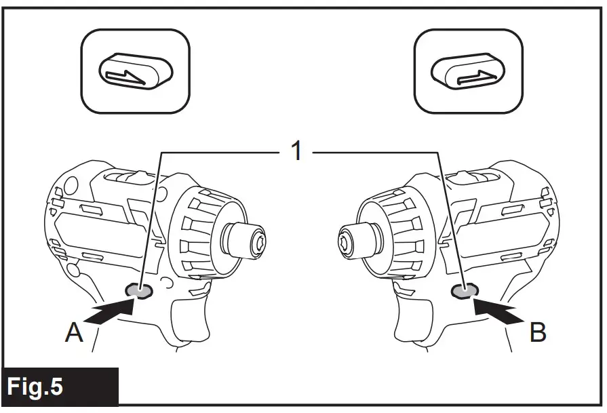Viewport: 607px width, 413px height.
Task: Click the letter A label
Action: pyautogui.click(x=75, y=334)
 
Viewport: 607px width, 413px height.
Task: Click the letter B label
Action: pyautogui.click(x=537, y=333)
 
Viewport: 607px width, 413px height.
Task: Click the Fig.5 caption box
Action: pyautogui.click(x=60, y=387)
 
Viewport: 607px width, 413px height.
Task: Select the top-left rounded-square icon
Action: pyautogui.click(x=136, y=72)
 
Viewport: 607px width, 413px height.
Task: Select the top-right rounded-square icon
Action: pyautogui.click(x=468, y=72)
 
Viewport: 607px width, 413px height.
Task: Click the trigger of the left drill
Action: pyautogui.click(x=187, y=319)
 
